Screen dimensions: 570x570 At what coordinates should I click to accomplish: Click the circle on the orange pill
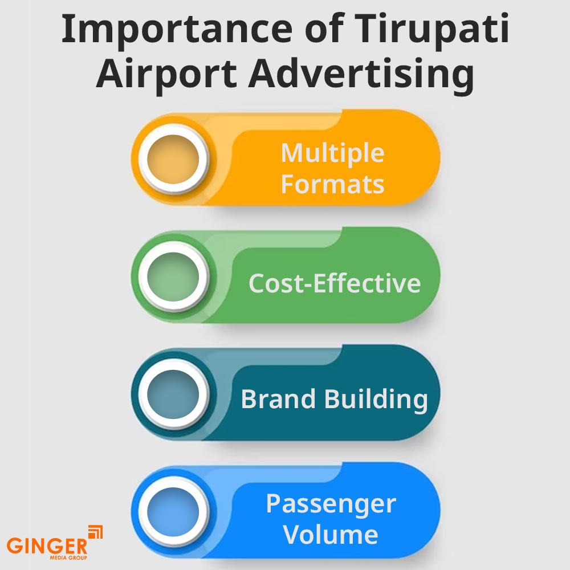click(x=172, y=157)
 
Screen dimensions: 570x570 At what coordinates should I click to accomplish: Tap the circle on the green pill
click(x=172, y=276)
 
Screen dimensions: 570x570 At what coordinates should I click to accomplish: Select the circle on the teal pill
click(x=172, y=393)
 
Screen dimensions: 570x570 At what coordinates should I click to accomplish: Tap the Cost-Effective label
click(x=335, y=283)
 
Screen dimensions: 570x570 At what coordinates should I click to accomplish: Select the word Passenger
click(x=331, y=504)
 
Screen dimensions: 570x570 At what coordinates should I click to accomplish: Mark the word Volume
click(x=331, y=535)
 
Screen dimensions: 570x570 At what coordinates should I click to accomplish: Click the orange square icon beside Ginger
click(x=95, y=532)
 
